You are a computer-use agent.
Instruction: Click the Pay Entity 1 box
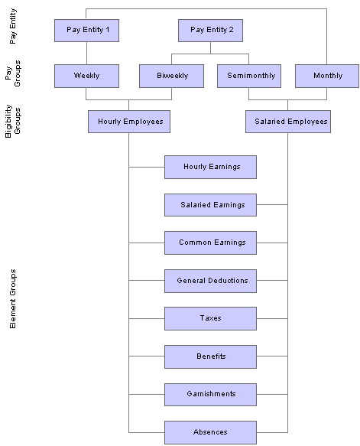[86, 31]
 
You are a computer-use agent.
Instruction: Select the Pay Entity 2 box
[210, 31]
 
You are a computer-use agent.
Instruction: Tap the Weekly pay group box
[86, 76]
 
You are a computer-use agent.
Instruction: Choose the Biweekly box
[172, 76]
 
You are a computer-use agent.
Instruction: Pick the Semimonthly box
[249, 76]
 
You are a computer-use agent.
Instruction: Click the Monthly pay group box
[327, 76]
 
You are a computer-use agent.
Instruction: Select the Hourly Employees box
[129, 122]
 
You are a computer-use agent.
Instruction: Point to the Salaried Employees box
[288, 122]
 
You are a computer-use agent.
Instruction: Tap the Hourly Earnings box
[210, 167]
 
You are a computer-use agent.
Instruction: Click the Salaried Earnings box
[210, 205]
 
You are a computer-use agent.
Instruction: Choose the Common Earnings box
[210, 243]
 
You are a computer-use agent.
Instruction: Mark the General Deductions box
[210, 281]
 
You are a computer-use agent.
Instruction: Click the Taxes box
[210, 318]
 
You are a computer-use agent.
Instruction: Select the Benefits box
[210, 356]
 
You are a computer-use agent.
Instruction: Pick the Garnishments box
[210, 395]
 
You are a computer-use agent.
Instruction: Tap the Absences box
[210, 432]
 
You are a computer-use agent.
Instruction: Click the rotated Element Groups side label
[13, 298]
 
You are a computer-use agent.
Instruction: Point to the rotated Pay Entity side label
[13, 26]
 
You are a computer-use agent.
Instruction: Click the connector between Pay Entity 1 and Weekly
[86, 54]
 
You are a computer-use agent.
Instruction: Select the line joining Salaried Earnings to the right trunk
[272, 204]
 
